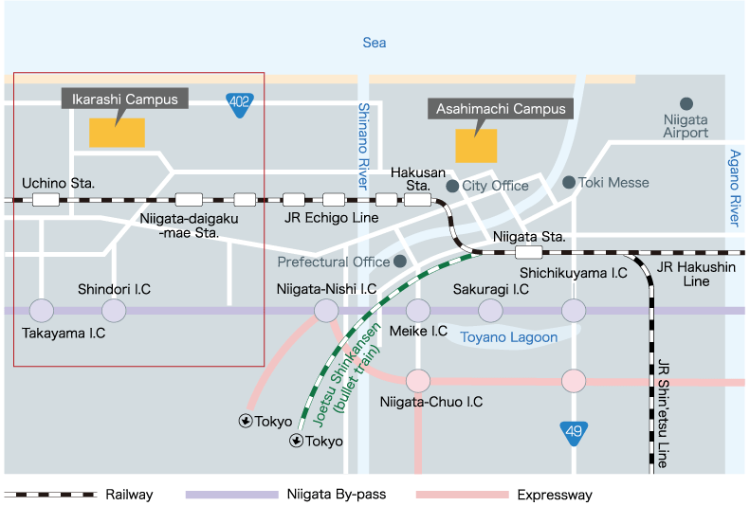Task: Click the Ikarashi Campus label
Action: point(125,99)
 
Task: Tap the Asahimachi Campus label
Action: point(500,109)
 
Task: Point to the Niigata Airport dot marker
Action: point(686,103)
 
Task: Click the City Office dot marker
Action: point(453,186)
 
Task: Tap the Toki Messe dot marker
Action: point(568,182)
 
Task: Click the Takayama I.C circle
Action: point(42,310)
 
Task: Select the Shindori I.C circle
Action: point(114,310)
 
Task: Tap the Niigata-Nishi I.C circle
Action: point(326,310)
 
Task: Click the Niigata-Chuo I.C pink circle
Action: point(418,381)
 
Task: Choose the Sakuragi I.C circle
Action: point(490,310)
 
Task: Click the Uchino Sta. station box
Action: point(45,200)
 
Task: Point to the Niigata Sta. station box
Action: point(529,253)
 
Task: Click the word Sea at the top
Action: point(375,43)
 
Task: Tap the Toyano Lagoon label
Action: point(507,336)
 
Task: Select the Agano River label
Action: point(735,187)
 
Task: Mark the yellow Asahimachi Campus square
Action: point(476,145)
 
